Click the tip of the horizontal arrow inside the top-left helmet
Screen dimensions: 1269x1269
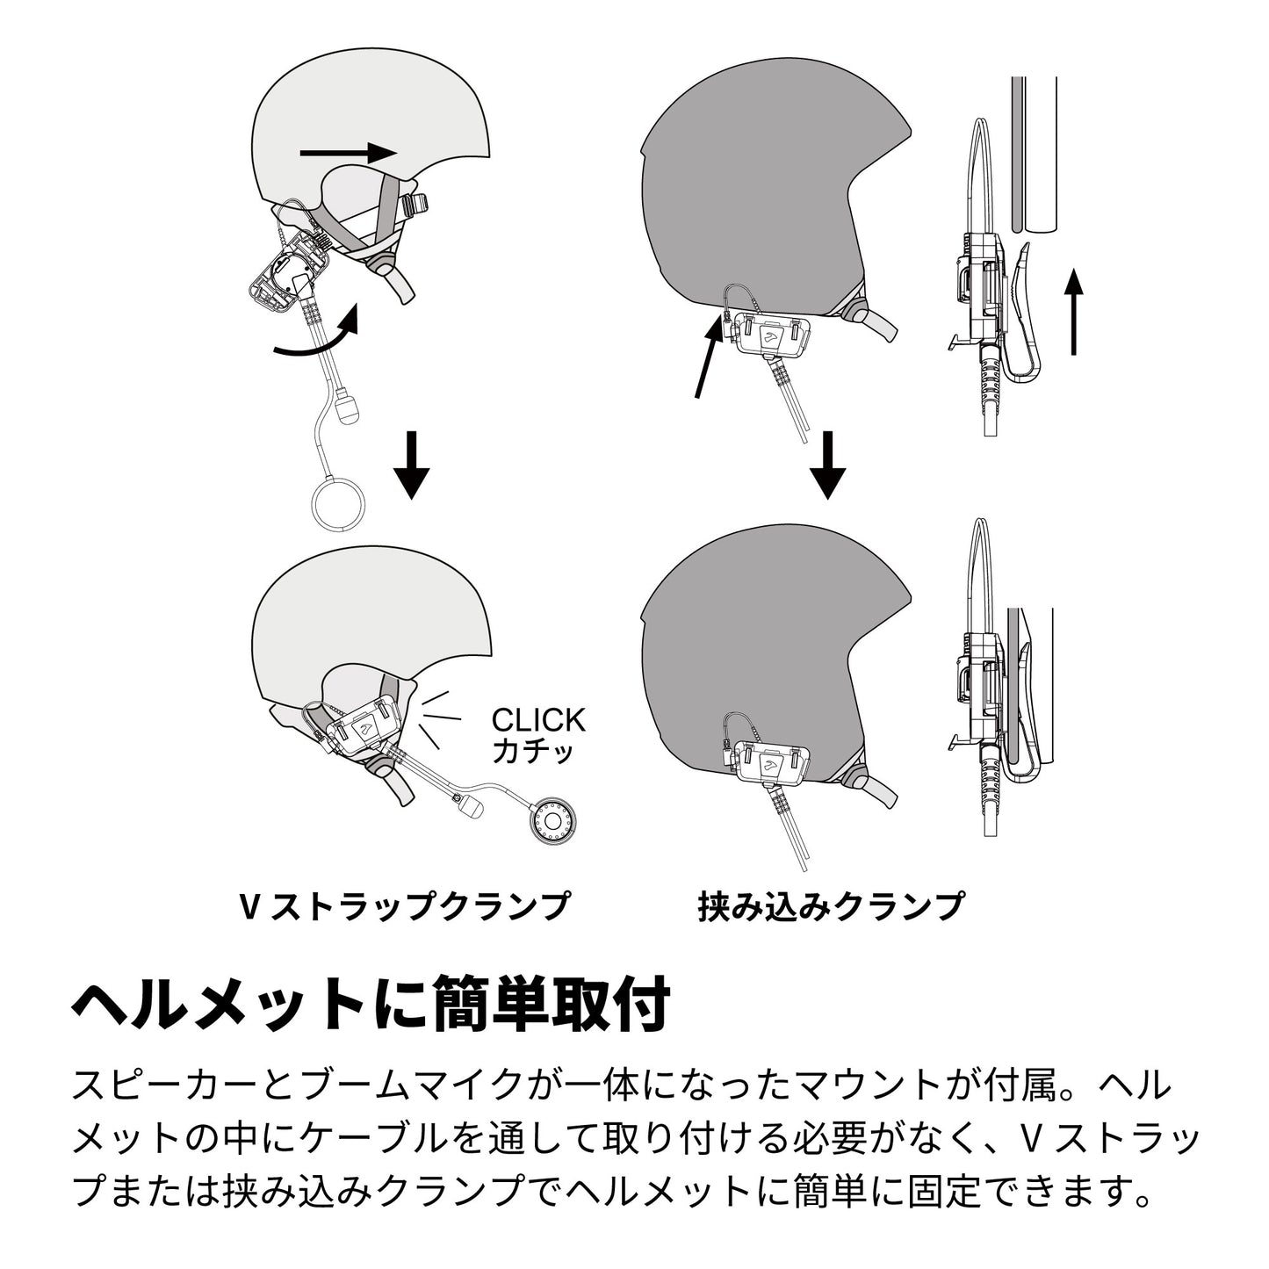pyautogui.click(x=397, y=153)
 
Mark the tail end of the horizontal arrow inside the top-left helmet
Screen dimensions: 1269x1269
pyautogui.click(x=300, y=153)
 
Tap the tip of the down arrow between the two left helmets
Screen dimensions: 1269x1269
pyautogui.click(x=412, y=499)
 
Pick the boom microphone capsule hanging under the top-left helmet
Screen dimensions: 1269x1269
pyautogui.click(x=348, y=407)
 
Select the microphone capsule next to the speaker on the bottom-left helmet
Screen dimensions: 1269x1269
pyautogui.click(x=475, y=808)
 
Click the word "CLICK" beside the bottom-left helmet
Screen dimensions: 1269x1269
pyautogui.click(x=538, y=720)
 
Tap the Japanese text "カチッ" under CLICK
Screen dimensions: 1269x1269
pyautogui.click(x=533, y=752)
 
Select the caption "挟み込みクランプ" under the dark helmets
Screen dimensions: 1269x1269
pyautogui.click(x=831, y=906)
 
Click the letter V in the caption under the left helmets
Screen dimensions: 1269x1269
pyautogui.click(x=249, y=906)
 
